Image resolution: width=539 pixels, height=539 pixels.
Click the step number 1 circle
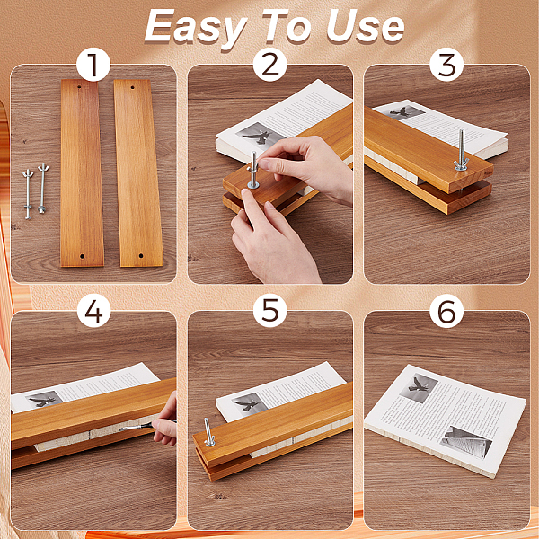[93, 65]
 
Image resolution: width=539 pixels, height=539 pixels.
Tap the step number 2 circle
[269, 65]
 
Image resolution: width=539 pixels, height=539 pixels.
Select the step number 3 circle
[446, 65]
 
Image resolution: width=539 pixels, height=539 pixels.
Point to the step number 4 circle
[93, 311]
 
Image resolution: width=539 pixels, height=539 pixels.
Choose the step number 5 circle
[269, 311]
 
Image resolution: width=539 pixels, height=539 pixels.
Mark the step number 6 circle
[446, 311]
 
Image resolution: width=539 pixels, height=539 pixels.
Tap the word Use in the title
[365, 27]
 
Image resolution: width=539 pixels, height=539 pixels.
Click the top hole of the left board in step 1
[79, 87]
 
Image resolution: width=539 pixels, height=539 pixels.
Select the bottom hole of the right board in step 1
[141, 256]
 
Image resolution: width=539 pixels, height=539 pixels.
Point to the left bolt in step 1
[28, 194]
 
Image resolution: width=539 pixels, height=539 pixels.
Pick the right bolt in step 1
[42, 189]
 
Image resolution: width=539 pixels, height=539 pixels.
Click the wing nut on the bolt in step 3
[461, 165]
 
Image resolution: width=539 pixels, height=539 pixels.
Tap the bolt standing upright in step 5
[208, 432]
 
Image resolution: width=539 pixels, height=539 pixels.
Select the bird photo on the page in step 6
[419, 388]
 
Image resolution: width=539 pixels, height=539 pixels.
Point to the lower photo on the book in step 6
[466, 442]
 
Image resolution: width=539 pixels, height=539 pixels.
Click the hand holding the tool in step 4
[166, 421]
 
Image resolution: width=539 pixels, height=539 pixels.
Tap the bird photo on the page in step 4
[44, 400]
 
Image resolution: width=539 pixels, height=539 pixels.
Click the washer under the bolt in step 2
[253, 185]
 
